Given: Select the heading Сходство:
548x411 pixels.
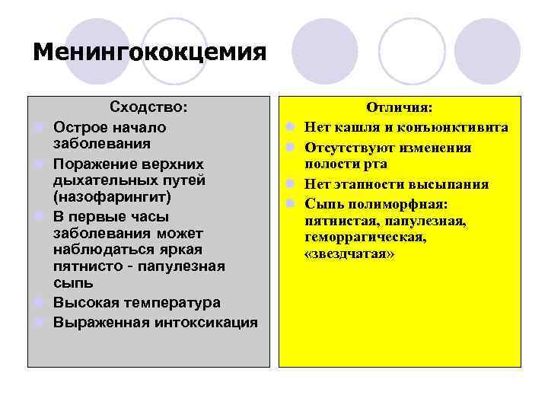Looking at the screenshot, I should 148,107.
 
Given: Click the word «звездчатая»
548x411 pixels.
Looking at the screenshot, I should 349,254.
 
